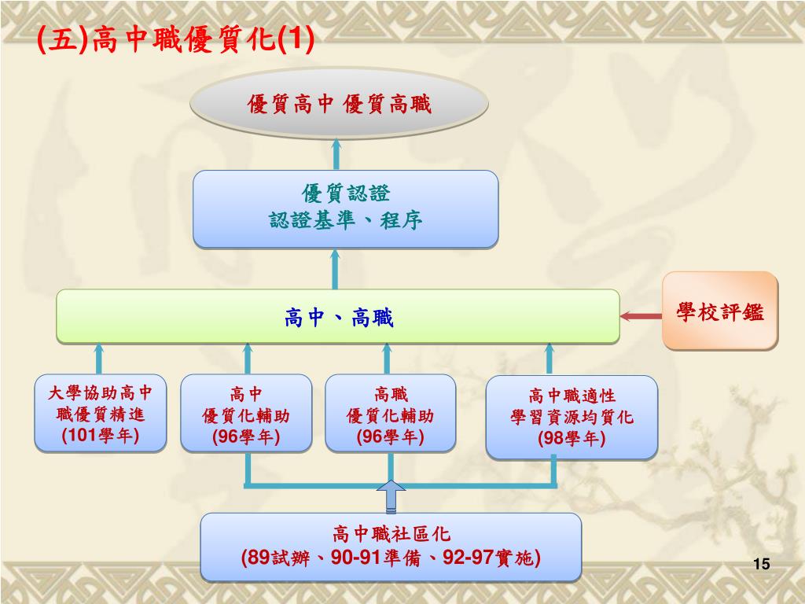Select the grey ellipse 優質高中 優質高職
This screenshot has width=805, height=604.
340,104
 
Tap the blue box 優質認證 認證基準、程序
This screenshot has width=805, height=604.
346,208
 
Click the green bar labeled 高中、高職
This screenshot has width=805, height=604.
338,317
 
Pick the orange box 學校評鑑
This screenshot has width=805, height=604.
719,311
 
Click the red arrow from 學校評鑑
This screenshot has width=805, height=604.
641,316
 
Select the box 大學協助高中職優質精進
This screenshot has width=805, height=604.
101,413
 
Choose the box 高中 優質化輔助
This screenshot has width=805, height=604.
246,414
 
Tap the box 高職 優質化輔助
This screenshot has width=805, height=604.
391,414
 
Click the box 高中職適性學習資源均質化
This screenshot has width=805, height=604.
572,417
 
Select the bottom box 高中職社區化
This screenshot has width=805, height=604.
391,547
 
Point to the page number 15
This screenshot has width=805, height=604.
760,564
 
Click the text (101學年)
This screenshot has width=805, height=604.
101,435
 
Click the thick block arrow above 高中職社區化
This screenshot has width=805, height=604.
391,496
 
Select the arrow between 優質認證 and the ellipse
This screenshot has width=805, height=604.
336,155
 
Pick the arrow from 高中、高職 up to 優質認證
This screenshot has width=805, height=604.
336,268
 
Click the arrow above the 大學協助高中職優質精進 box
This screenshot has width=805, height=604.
99,359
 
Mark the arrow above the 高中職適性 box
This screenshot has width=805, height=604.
550,359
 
